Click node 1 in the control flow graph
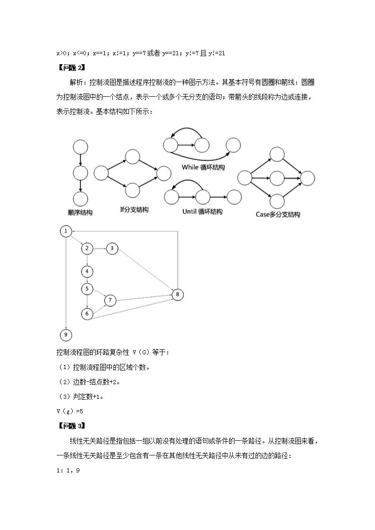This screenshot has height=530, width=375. pyautogui.click(x=66, y=231)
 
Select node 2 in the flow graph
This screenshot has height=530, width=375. pyautogui.click(x=86, y=248)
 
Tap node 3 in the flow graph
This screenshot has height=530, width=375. pyautogui.click(x=112, y=248)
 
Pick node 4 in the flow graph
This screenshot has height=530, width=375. pyautogui.click(x=87, y=271)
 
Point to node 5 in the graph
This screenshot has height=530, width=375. pyautogui.click(x=87, y=289)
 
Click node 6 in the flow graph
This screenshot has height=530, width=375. pyautogui.click(x=87, y=313)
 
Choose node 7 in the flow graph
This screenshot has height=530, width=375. pyautogui.click(x=110, y=300)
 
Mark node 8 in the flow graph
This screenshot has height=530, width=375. pyautogui.click(x=177, y=295)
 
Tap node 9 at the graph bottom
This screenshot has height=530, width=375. pyautogui.click(x=66, y=335)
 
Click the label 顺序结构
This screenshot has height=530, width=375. pyautogui.click(x=80, y=213)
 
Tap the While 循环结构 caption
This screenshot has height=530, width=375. pyautogui.click(x=203, y=168)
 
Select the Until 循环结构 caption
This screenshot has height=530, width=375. pyautogui.click(x=202, y=212)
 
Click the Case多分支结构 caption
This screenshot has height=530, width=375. pyautogui.click(x=278, y=215)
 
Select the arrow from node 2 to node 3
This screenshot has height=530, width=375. pyautogui.click(x=99, y=248)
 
